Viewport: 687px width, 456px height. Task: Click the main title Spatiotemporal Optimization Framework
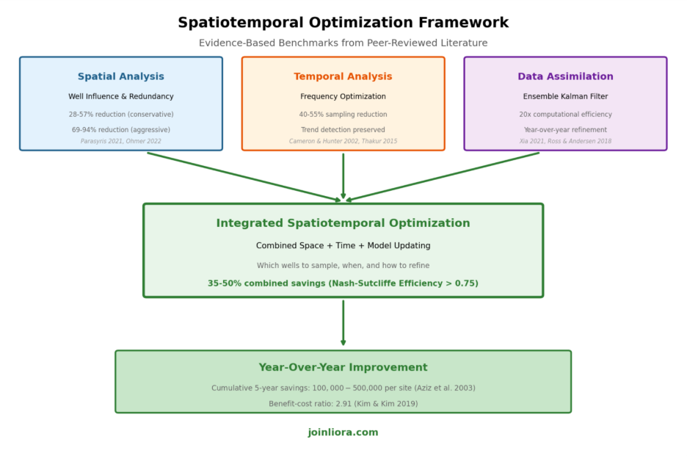pos(343,23)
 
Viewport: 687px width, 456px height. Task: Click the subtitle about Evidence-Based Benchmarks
pos(343,43)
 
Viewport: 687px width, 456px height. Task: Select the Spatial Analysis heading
pos(121,77)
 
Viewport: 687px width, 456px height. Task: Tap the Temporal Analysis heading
pos(343,77)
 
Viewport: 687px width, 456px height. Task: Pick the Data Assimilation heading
pos(565,77)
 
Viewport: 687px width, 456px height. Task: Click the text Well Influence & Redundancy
pos(121,97)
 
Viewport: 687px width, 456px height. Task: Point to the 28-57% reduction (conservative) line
pos(121,115)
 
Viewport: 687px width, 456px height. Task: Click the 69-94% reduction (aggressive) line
pos(121,130)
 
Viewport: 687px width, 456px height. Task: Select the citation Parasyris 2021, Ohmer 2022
pos(121,141)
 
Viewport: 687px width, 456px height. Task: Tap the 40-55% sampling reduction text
pos(343,115)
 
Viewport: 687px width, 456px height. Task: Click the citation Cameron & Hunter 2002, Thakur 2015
pos(343,141)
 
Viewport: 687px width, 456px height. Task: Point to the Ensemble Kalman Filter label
pos(565,97)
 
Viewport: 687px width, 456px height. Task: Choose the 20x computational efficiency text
pos(565,115)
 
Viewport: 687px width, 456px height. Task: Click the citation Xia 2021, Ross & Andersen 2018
pos(565,141)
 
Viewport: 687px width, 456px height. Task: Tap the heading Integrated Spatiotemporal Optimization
pos(343,223)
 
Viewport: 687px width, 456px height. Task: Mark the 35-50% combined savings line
pos(343,283)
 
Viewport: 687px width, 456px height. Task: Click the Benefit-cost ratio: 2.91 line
pos(343,404)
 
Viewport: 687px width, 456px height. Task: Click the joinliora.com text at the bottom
pos(343,433)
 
